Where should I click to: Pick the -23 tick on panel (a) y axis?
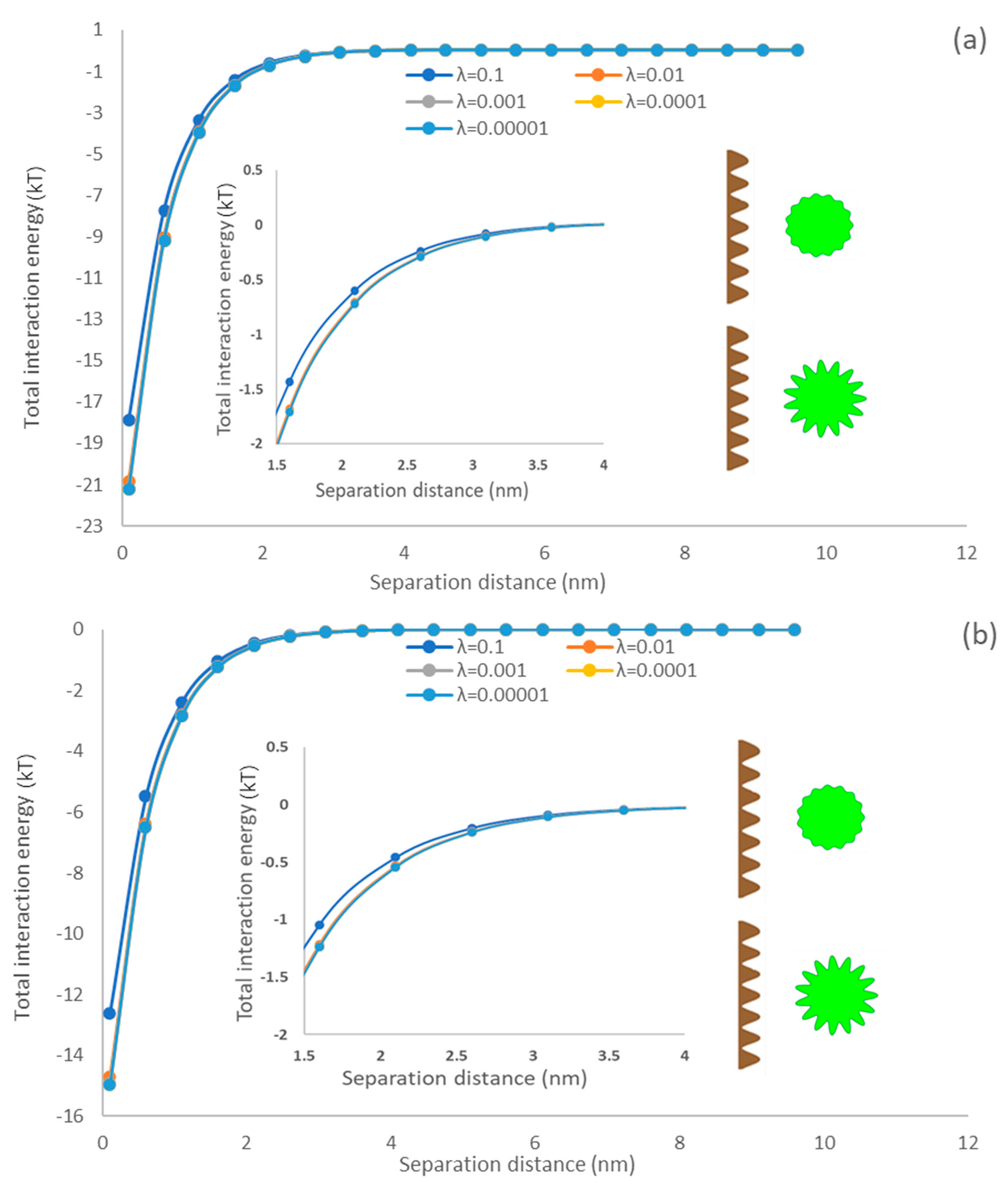(x=90, y=526)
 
